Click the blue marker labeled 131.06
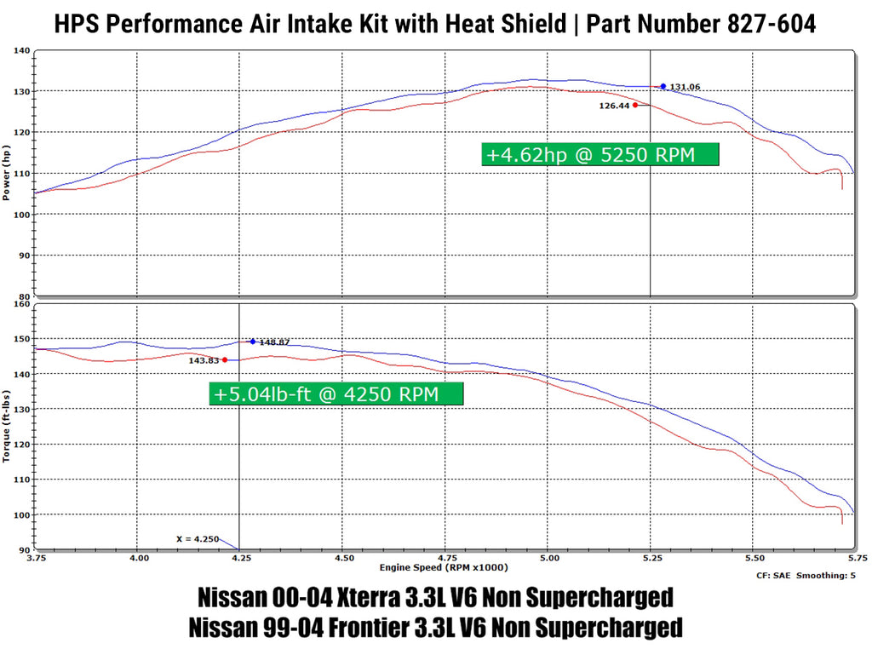point(663,86)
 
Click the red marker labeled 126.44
point(635,105)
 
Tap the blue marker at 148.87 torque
point(252,342)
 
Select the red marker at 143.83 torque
point(225,359)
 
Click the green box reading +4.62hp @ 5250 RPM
point(600,155)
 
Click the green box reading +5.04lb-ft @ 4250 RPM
point(336,393)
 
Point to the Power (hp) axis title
point(8,174)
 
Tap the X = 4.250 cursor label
point(197,539)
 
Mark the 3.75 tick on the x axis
point(37,559)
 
